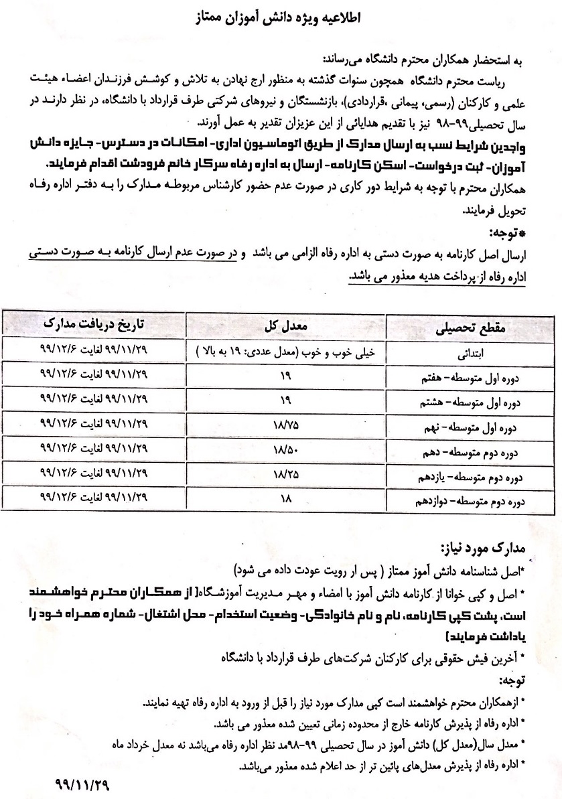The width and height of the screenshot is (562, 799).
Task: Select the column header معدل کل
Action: pos(292,325)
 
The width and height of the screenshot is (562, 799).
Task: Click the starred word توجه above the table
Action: pos(508,233)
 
